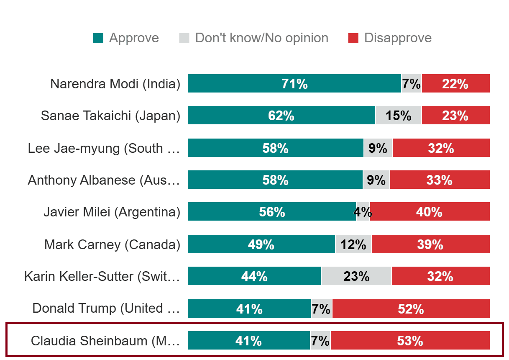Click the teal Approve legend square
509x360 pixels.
[98, 38]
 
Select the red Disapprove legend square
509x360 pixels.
[353, 38]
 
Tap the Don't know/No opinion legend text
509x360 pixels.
[261, 38]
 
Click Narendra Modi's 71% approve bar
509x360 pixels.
[294, 84]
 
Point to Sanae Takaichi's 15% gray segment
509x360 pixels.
[398, 116]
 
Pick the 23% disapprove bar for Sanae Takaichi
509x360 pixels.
[455, 116]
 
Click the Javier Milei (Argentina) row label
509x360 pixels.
[112, 212]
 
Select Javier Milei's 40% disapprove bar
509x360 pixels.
[430, 212]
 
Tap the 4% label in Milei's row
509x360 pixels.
[363, 212]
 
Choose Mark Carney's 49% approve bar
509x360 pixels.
[261, 244]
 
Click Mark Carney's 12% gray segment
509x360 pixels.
[353, 244]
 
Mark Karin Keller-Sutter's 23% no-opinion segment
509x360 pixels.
[356, 276]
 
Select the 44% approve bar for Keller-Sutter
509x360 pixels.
[254, 276]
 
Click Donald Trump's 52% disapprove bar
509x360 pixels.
[411, 309]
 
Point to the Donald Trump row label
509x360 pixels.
[106, 309]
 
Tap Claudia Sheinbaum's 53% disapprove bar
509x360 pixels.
[410, 341]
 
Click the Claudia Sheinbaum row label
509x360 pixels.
[105, 341]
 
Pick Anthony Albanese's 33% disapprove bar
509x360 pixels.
[440, 180]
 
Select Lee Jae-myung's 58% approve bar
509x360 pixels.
[275, 148]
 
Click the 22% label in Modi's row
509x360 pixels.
[455, 84]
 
